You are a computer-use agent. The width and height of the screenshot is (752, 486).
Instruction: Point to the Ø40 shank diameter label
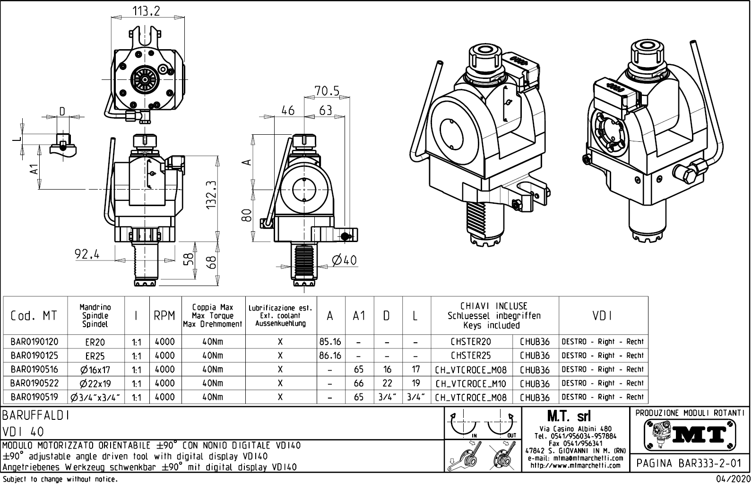coord(344,260)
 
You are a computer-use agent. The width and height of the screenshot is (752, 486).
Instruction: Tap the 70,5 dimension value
coord(327,91)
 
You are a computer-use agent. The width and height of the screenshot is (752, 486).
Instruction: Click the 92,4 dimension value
coord(87,254)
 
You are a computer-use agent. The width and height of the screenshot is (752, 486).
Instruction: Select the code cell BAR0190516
coord(34,369)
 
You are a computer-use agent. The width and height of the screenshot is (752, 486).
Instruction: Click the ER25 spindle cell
coord(95,356)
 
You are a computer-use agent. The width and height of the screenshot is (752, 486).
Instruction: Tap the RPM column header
coord(164,316)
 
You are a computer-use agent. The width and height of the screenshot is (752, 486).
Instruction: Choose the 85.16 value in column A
coord(330,342)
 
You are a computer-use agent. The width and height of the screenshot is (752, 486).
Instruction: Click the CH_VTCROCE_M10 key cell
coord(471,383)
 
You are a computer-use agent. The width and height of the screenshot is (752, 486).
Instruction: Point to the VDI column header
coord(603,316)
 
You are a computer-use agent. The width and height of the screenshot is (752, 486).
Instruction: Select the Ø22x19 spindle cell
coord(95,383)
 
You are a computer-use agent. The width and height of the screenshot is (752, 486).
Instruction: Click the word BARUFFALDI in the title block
coord(37,416)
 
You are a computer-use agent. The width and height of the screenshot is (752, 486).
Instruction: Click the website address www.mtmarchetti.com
coord(575,465)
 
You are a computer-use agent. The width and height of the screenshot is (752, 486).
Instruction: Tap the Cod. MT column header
coord(34,316)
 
